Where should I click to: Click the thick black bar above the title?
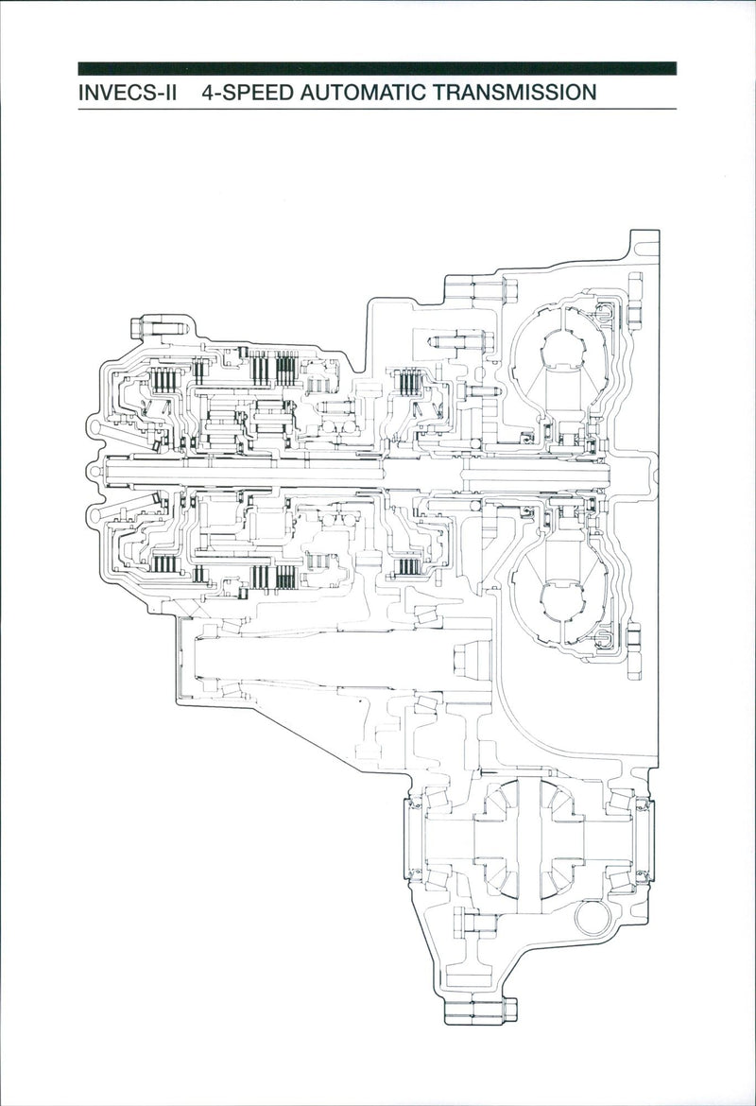[x=378, y=68]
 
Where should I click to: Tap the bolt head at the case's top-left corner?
[x=152, y=328]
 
